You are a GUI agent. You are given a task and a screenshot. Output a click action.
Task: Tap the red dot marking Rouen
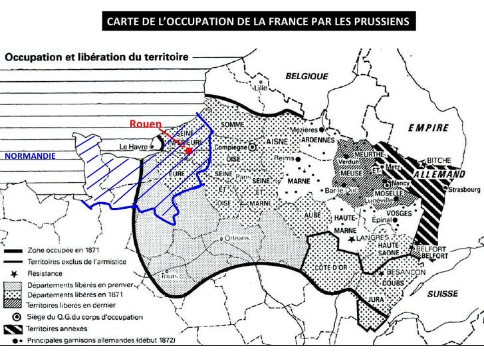(x=189, y=152)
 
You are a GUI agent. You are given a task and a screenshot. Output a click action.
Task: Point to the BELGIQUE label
(x=306, y=76)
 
